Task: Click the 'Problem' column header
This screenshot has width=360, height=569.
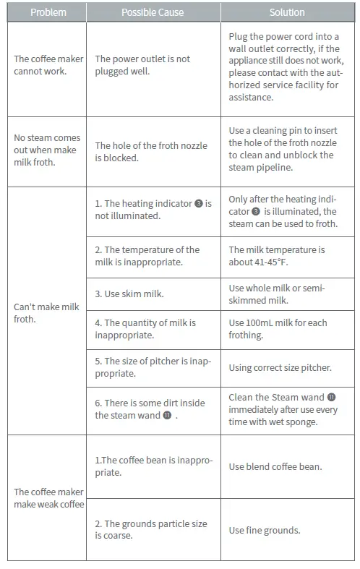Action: (x=48, y=12)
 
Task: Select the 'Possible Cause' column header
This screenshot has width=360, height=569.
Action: (x=153, y=12)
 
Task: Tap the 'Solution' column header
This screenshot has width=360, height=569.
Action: (x=287, y=12)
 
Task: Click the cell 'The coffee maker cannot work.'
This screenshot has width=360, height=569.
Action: (x=48, y=65)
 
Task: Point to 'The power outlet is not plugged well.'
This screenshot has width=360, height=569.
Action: (x=142, y=65)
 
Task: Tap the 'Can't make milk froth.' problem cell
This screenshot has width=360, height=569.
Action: (x=46, y=312)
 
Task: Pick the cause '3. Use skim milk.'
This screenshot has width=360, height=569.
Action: (x=129, y=294)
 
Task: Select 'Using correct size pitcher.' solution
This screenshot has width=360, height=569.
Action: (x=280, y=367)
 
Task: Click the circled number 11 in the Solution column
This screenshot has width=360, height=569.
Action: (x=331, y=397)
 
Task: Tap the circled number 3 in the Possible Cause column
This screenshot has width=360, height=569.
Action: (x=198, y=204)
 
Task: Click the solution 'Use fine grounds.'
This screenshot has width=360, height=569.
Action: (x=265, y=530)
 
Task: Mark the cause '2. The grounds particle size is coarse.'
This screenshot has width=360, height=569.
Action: (x=150, y=529)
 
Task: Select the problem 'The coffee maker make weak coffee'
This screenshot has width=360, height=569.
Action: (x=48, y=497)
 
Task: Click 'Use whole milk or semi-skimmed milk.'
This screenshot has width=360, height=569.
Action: (x=277, y=294)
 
